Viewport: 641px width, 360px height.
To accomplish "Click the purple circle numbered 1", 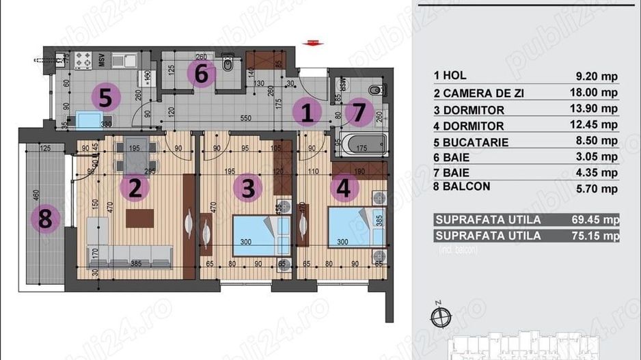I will [308, 113].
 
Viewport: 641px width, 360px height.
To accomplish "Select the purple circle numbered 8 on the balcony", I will [45, 220].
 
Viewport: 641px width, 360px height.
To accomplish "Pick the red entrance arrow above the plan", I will [314, 42].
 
